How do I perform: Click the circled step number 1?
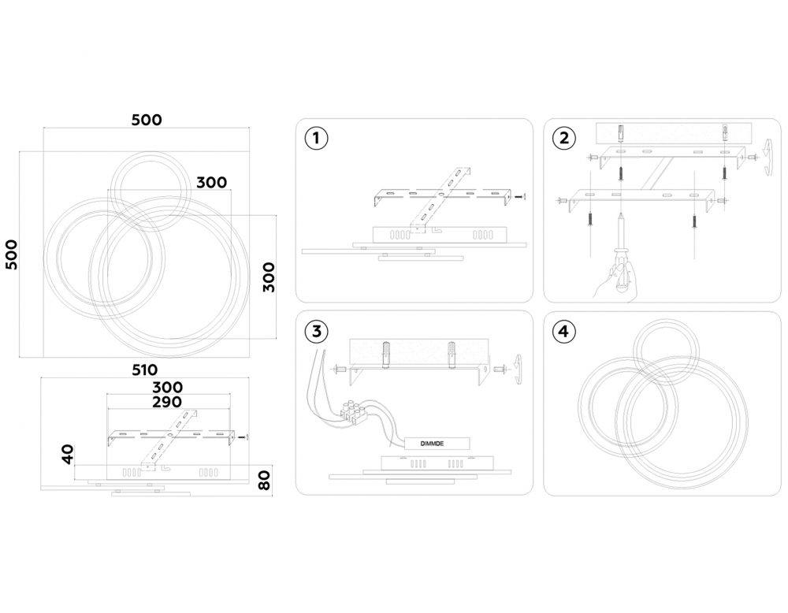click(x=316, y=138)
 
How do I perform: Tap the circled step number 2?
click(x=564, y=138)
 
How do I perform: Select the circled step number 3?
click(x=316, y=331)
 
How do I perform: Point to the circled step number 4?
click(x=564, y=331)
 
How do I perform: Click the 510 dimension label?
click(x=145, y=370)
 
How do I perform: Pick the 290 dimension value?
click(x=167, y=402)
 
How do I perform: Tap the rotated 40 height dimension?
click(x=67, y=454)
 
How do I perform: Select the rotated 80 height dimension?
click(x=264, y=481)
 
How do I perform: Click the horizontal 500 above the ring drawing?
click(x=147, y=120)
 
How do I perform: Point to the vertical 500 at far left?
click(x=11, y=254)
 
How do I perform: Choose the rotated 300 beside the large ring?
click(x=269, y=277)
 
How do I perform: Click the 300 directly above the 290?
click(x=167, y=388)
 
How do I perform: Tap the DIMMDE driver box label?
click(x=432, y=444)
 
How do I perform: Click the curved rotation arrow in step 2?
click(x=768, y=158)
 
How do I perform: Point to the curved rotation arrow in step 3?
click(x=519, y=370)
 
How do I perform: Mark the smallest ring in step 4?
click(x=666, y=355)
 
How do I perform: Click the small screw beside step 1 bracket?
click(x=521, y=197)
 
